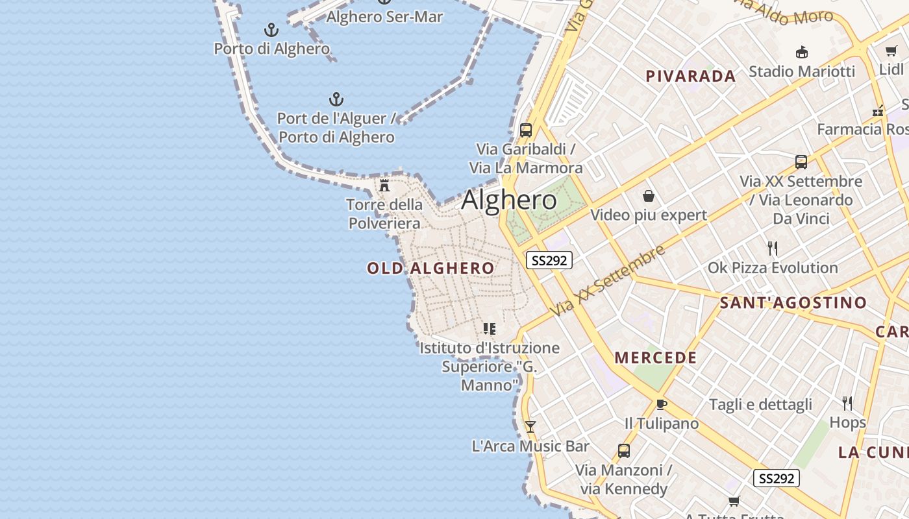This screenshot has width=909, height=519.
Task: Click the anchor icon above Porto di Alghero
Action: (271, 30)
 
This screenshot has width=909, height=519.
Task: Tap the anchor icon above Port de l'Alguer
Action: (336, 99)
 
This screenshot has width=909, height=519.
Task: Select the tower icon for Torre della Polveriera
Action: (384, 186)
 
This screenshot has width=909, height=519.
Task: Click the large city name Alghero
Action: (509, 200)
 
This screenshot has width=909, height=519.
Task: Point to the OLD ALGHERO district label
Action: (430, 268)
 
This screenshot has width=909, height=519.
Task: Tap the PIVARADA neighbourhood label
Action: (691, 76)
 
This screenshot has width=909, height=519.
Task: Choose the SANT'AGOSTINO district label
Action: (793, 302)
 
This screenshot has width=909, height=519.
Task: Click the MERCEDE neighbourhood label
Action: (656, 357)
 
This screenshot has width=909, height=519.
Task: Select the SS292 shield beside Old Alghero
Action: (549, 260)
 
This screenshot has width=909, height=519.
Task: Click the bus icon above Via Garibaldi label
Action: (526, 130)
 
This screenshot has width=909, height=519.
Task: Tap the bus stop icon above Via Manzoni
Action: (624, 450)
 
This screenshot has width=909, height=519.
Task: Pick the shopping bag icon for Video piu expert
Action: (648, 196)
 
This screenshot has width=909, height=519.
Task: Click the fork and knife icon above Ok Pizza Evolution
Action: (773, 248)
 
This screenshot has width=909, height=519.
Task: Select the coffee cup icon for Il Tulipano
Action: (662, 404)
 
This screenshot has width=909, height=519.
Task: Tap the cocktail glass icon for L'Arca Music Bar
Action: (530, 426)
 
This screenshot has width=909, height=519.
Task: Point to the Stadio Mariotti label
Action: (802, 71)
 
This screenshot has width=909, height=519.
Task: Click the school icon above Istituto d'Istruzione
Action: (490, 329)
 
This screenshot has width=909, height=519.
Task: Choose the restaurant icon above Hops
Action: (847, 404)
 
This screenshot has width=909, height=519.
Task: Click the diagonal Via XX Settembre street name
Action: (608, 281)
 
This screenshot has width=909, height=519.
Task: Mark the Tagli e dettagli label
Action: (760, 405)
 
